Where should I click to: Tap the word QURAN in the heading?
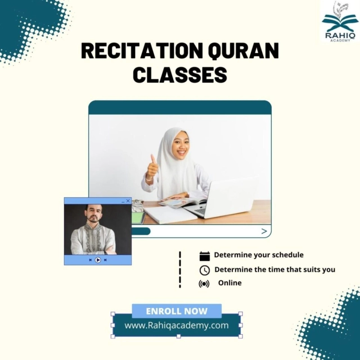point(243,52)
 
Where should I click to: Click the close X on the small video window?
point(128,201)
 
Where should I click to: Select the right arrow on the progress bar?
point(264,231)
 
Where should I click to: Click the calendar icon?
point(205,256)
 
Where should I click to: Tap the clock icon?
point(205,270)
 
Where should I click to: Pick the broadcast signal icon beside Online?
point(204,284)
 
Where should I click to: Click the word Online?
point(230,283)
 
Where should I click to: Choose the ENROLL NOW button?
point(177,311)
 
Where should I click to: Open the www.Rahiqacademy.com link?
point(176,325)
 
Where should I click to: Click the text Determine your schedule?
point(258,255)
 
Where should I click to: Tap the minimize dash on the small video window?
point(122,201)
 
